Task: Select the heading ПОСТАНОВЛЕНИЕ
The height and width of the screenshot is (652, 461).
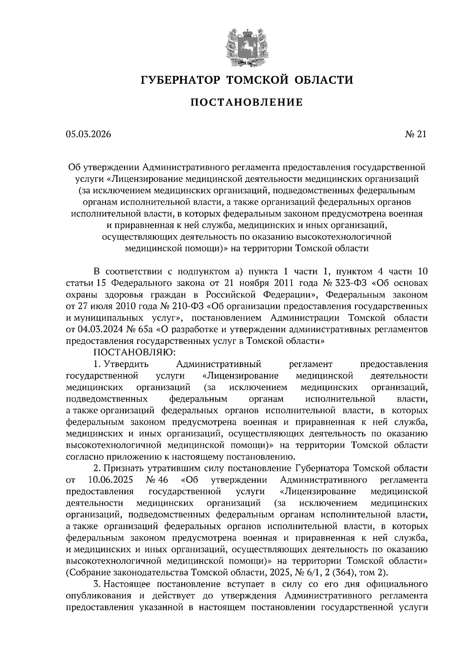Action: coord(247,102)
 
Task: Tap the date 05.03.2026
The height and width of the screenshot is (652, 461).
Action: coord(88,134)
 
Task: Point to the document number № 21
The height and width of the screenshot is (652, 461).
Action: coord(415,134)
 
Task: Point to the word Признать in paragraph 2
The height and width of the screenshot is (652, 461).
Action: coord(123,468)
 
